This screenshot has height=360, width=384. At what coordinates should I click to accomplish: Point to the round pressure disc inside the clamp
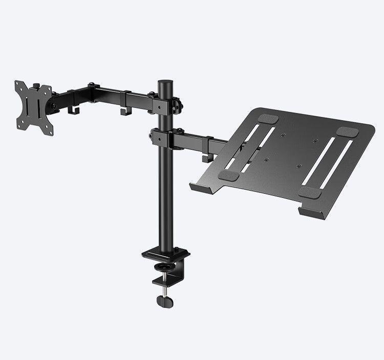click(x=166, y=267)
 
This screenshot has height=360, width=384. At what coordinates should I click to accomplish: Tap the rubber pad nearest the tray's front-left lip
click(x=228, y=175)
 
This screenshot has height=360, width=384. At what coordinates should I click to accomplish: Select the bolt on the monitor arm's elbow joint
click(x=93, y=85)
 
